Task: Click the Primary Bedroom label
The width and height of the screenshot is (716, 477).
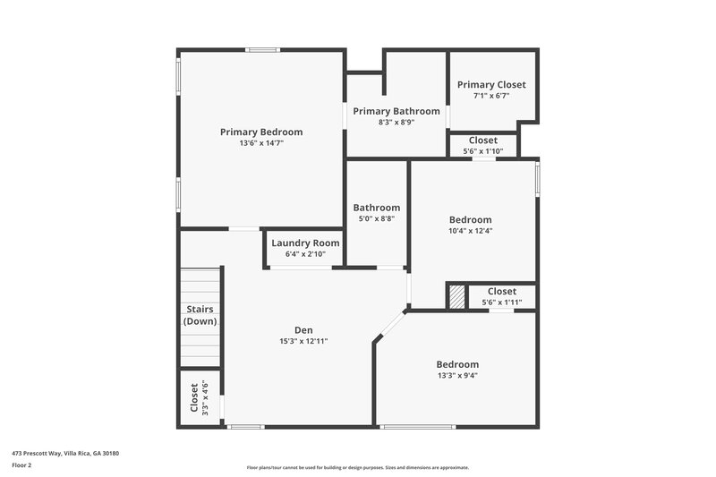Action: point(261,132)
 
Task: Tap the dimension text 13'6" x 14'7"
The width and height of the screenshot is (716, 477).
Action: point(261,143)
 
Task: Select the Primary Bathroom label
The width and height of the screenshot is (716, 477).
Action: point(396,111)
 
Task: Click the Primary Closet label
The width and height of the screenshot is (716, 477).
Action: point(491,84)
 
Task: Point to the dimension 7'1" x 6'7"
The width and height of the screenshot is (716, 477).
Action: point(491,96)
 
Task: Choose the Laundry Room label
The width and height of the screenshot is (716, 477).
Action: point(305,243)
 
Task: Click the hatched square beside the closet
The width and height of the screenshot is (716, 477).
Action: point(457,296)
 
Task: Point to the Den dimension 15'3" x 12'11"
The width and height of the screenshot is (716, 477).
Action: point(303,341)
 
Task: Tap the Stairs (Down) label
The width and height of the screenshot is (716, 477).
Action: point(200,315)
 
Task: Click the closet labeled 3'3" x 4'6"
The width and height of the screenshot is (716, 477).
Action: point(200,397)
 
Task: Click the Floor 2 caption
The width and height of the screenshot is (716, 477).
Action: point(22,465)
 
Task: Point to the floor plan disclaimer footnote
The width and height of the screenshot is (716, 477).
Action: point(358,467)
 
